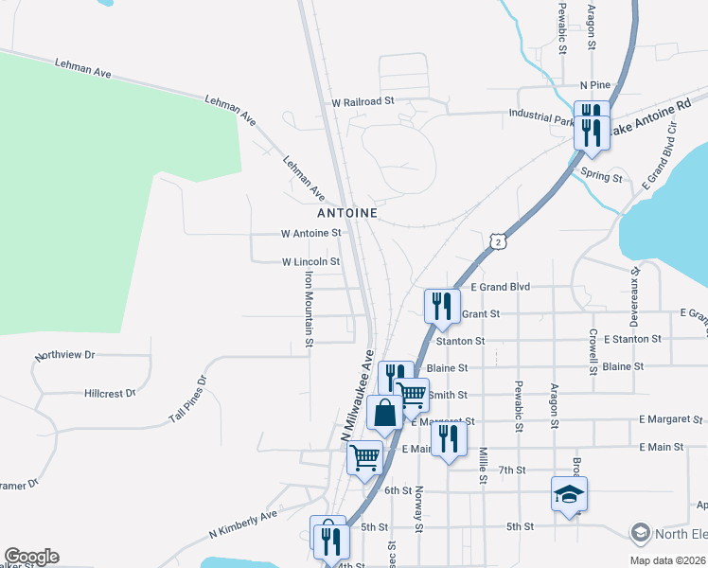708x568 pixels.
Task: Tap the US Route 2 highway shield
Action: coord(499,243)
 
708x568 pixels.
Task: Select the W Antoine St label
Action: coord(310,233)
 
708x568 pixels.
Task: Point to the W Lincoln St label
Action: coord(310,261)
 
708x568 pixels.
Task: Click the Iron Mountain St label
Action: coord(309,310)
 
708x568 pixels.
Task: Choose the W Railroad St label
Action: coord(362,101)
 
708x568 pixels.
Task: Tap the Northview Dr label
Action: coord(65,356)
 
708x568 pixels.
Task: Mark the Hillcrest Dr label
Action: coord(110,392)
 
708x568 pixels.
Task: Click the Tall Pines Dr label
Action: coord(187,399)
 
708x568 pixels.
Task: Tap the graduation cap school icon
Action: coord(570,494)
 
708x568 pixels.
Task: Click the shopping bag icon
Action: coord(384,413)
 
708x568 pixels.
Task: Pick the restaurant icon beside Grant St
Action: coord(442,306)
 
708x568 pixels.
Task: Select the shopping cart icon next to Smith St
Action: coord(412,394)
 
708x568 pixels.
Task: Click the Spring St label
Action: coord(602,177)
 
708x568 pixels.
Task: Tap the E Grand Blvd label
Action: coord(500,286)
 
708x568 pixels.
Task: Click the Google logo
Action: coord(31,557)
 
